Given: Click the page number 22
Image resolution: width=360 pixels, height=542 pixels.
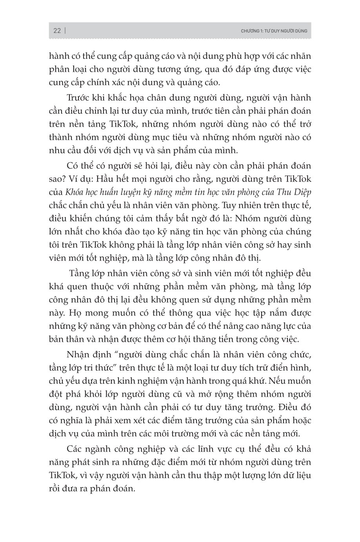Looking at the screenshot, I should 57,31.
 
